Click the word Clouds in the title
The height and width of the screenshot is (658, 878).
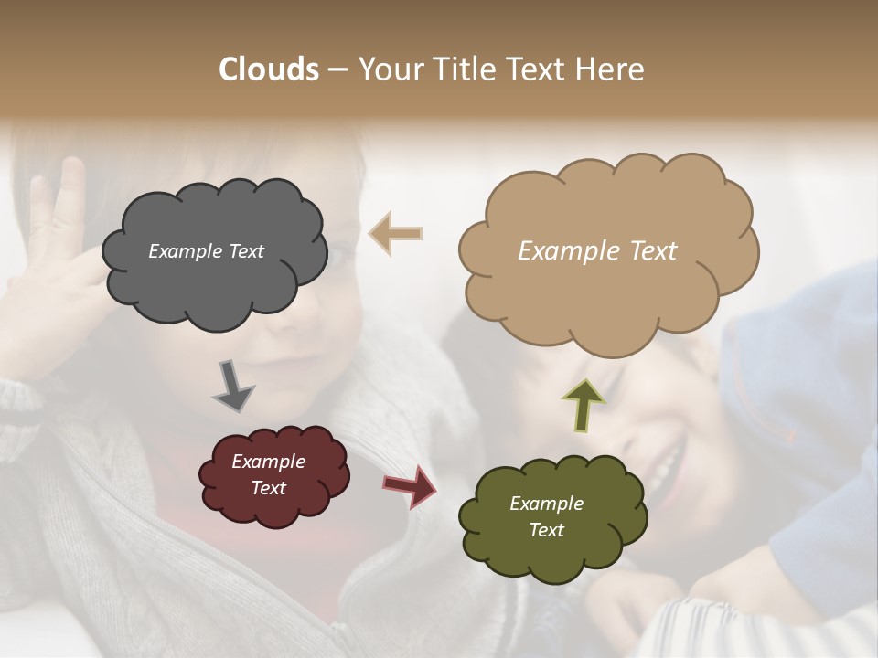point(269,69)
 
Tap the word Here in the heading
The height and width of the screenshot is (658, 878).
point(611,69)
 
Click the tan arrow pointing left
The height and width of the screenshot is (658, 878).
point(396,233)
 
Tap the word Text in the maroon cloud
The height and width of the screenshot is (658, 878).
point(269,488)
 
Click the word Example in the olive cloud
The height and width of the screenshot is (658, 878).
point(546,504)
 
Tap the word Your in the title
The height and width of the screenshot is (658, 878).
point(385,69)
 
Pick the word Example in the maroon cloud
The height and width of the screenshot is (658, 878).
point(269,462)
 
